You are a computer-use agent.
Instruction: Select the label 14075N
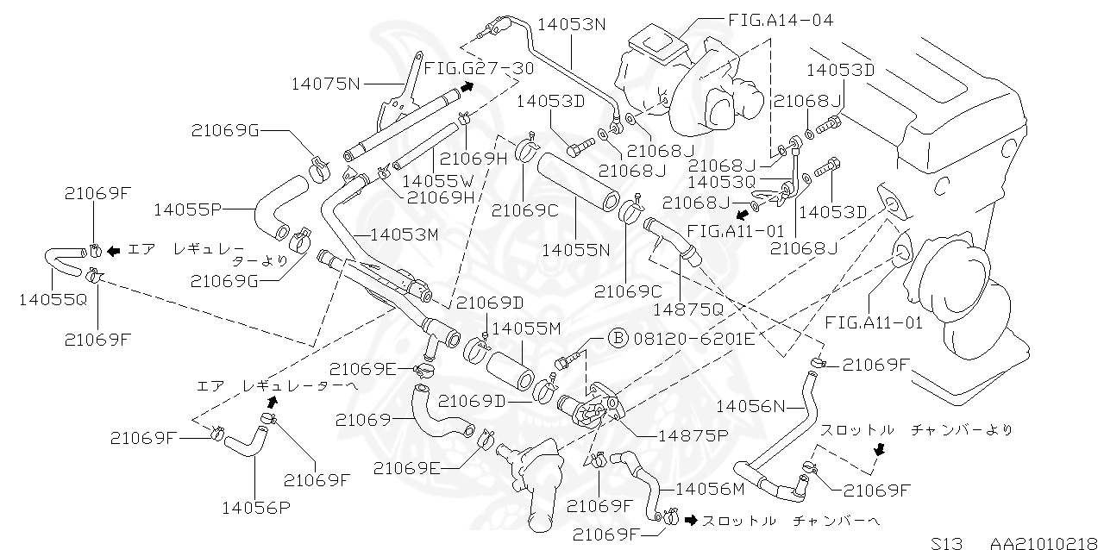click(326, 84)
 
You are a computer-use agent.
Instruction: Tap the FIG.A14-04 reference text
click(781, 19)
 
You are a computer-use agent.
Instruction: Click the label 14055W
click(437, 181)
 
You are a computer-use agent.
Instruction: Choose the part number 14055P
click(189, 209)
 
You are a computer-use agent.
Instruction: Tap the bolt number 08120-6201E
click(693, 338)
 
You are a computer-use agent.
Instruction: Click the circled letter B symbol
click(618, 338)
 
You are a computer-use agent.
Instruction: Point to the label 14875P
click(693, 435)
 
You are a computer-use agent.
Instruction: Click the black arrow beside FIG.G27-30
click(467, 86)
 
